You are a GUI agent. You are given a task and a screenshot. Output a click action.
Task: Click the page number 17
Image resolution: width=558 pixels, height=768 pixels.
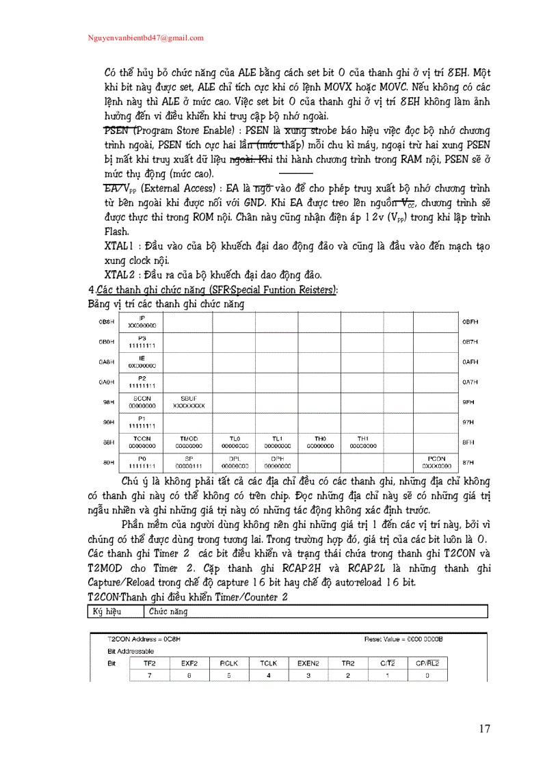pyautogui.click(x=484, y=728)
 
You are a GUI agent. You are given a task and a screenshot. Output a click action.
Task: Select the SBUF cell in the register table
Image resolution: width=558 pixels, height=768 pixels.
pyautogui.click(x=188, y=402)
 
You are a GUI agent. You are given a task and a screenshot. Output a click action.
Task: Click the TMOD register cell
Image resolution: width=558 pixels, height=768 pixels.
pyautogui.click(x=188, y=442)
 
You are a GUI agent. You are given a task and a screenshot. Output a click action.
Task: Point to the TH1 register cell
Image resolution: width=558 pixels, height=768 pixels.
pyautogui.click(x=363, y=442)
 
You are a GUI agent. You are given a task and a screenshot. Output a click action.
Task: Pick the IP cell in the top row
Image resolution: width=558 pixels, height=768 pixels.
pyautogui.click(x=142, y=322)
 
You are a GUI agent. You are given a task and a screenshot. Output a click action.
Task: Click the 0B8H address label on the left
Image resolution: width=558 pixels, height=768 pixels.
pyautogui.click(x=106, y=321)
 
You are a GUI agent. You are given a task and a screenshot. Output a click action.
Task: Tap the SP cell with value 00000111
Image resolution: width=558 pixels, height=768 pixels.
pyautogui.click(x=188, y=462)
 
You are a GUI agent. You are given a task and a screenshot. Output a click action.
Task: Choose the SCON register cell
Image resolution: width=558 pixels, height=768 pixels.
pyautogui.click(x=142, y=402)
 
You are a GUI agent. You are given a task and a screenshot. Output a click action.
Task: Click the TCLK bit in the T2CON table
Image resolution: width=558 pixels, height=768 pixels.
pyautogui.click(x=268, y=663)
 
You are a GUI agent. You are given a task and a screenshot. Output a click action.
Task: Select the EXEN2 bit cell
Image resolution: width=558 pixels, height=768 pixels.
pyautogui.click(x=308, y=663)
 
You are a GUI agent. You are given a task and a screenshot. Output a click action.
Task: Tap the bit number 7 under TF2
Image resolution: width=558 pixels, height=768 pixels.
pyautogui.click(x=149, y=676)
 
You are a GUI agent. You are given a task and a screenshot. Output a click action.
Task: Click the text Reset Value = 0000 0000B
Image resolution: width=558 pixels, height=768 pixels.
pyautogui.click(x=403, y=639)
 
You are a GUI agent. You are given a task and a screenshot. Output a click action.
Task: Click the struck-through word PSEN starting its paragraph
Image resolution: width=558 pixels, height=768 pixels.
pyautogui.click(x=117, y=130)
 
